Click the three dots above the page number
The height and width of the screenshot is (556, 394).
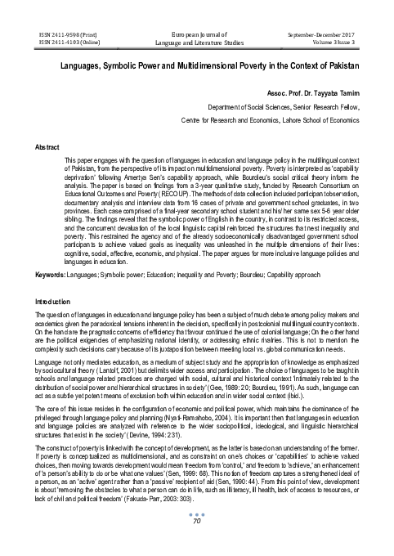tap(196, 536)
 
